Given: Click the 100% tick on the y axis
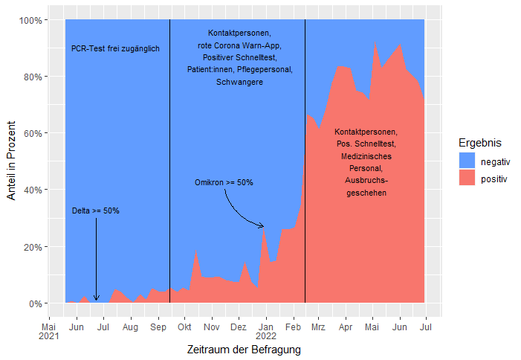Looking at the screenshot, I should [x=28, y=19].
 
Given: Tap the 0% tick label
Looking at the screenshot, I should [x=33, y=303].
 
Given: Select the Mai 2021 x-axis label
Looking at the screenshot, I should [x=48, y=332].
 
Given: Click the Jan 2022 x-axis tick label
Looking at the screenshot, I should [x=266, y=332].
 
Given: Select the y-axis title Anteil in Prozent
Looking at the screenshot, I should [x=11, y=161].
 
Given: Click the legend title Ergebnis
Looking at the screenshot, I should [x=479, y=142].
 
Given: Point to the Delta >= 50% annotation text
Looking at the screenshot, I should [x=95, y=211].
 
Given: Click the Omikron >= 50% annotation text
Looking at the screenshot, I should [x=224, y=182].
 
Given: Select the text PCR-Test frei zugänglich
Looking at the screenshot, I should [x=115, y=49].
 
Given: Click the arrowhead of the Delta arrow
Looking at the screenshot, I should [x=96, y=299].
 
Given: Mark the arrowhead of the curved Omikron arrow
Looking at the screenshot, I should [x=262, y=226].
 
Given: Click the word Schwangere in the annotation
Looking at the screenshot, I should [x=239, y=82].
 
